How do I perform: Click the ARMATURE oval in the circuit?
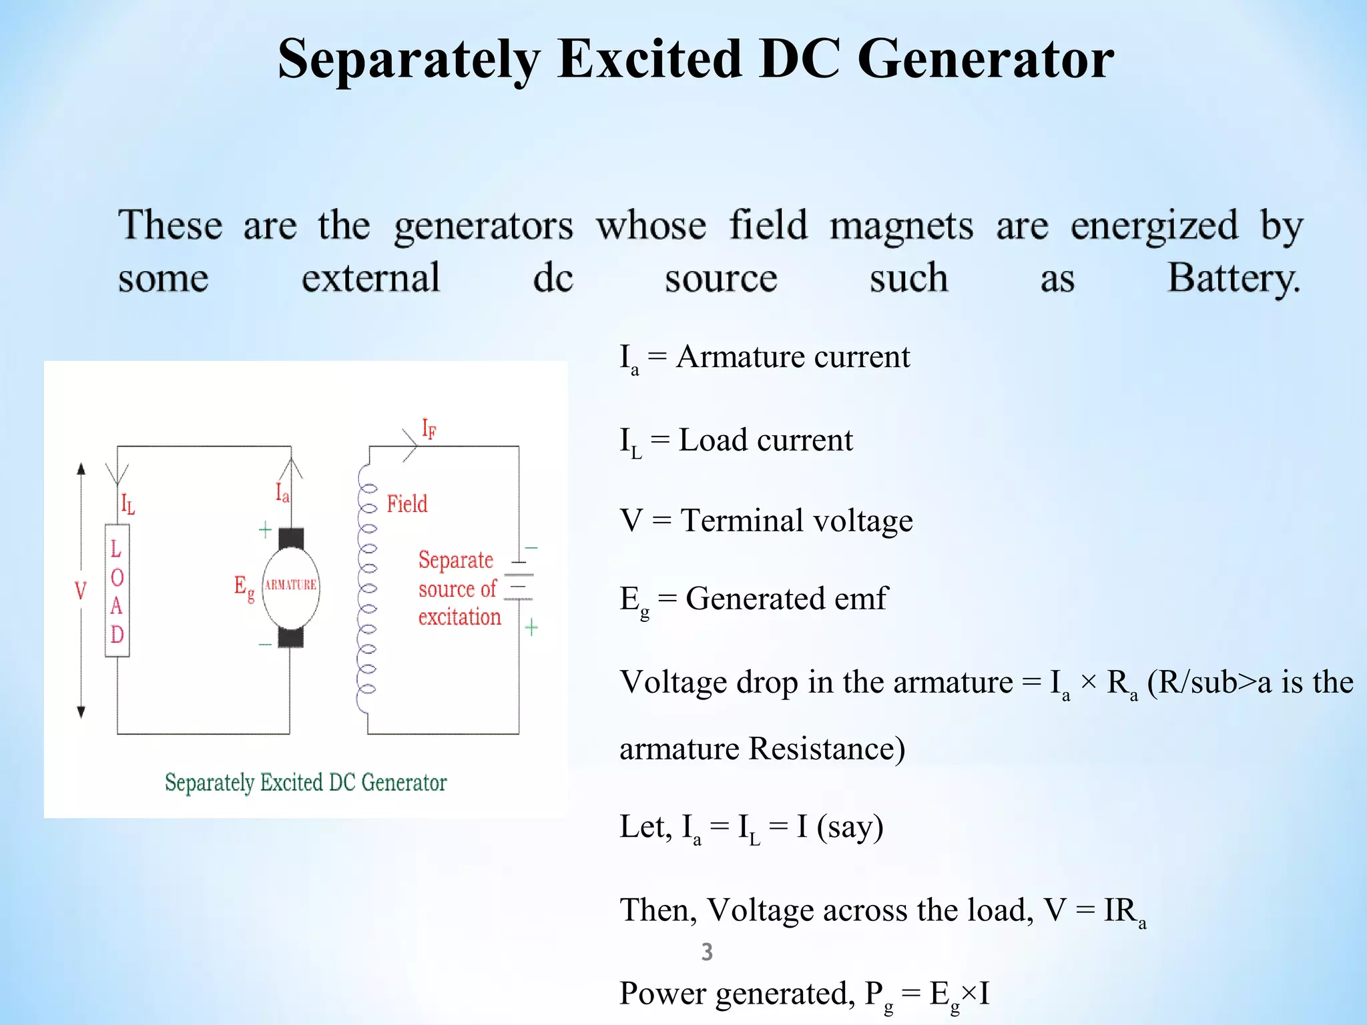pyautogui.click(x=290, y=585)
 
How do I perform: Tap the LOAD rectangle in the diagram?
pyautogui.click(x=117, y=591)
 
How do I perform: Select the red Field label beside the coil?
pyautogui.click(x=406, y=504)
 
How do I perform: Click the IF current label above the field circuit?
pyautogui.click(x=429, y=429)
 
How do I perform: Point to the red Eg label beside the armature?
pyautogui.click(x=244, y=588)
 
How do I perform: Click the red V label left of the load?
pyautogui.click(x=81, y=591)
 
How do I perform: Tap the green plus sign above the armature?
pyautogui.click(x=265, y=531)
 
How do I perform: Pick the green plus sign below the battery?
pyautogui.click(x=531, y=627)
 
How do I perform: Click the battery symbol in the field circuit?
pyautogui.click(x=518, y=581)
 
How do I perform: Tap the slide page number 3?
pyautogui.click(x=707, y=952)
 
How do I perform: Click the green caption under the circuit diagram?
pyautogui.click(x=306, y=782)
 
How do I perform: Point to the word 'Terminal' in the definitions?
pyautogui.click(x=751, y=521)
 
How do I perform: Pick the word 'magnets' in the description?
pyautogui.click(x=901, y=226)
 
